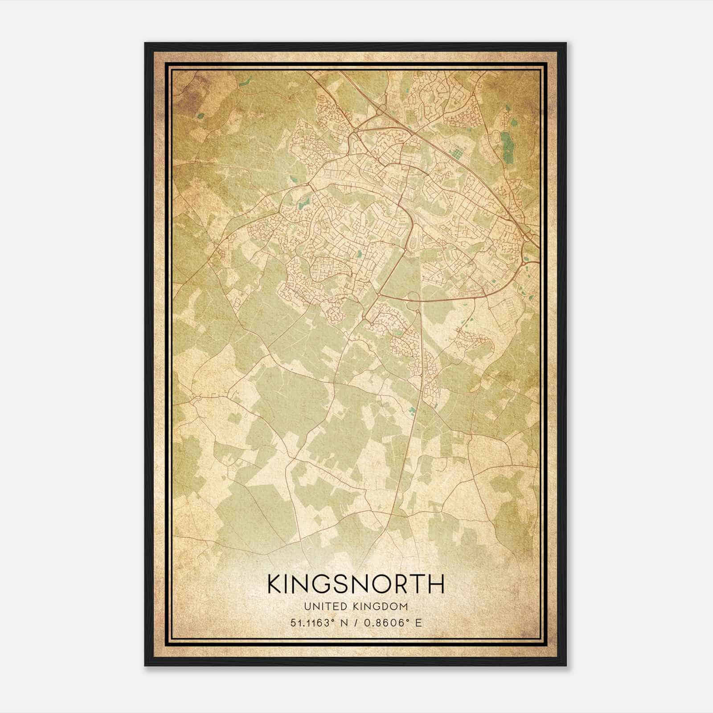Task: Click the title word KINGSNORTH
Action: [356, 584]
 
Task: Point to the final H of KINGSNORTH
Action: [436, 584]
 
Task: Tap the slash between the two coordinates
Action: [355, 623]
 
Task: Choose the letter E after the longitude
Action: [418, 623]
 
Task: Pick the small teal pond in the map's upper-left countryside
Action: [200, 116]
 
